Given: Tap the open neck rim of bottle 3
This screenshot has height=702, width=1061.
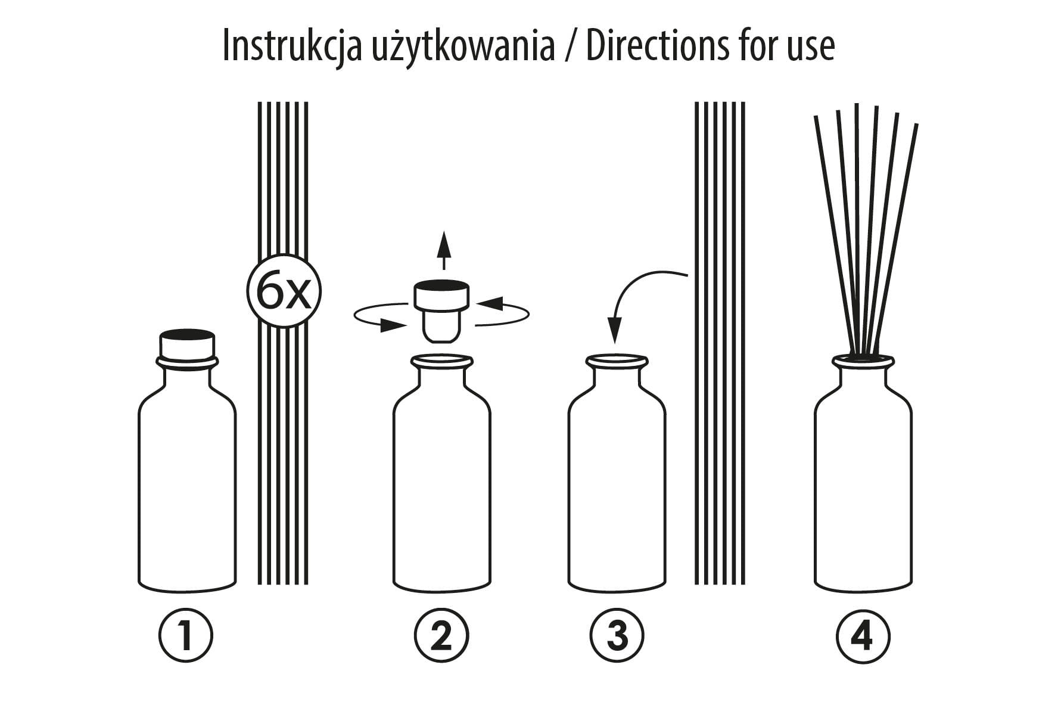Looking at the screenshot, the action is tap(617, 361).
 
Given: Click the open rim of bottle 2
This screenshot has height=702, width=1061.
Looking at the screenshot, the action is tap(442, 361).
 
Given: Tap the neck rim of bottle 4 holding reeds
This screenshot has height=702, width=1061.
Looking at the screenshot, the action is tap(863, 361).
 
